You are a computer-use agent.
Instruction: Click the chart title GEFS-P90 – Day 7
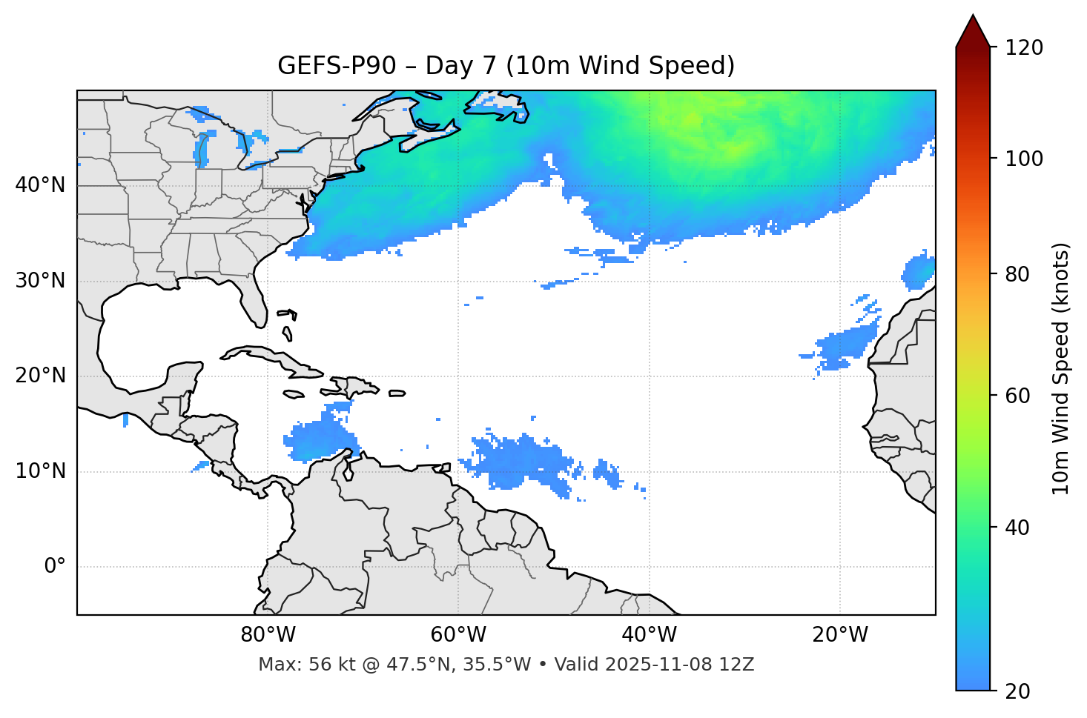click(506, 66)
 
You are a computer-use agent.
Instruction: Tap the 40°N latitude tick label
click(40, 185)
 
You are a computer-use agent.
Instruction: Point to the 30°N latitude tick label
click(40, 281)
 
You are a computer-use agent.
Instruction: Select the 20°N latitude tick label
click(40, 376)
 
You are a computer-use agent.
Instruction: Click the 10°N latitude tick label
click(40, 471)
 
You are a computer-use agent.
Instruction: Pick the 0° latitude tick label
click(55, 567)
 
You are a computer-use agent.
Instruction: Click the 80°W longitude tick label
click(268, 635)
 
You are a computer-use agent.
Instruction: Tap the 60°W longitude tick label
click(458, 635)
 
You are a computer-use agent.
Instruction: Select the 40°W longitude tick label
click(649, 635)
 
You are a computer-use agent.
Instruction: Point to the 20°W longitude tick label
click(840, 635)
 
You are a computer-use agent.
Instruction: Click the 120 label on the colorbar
click(1024, 48)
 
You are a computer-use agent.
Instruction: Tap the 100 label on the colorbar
click(1024, 159)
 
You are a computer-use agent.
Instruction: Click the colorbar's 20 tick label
click(1017, 691)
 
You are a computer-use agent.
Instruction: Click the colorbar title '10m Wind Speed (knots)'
click(1061, 368)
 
